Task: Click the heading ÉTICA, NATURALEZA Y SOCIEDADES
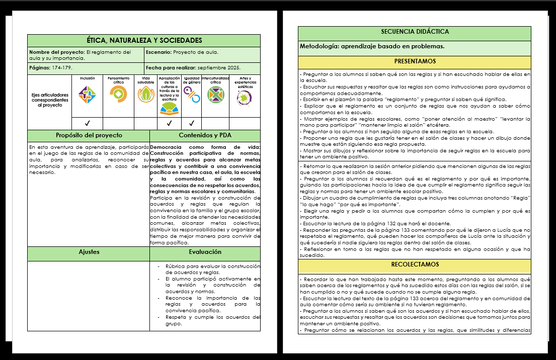144,40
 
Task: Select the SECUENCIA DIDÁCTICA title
415,32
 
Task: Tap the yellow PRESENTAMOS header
415,61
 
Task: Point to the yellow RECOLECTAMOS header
415,264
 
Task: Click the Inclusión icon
87,94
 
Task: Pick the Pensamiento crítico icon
118,94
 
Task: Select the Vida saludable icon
145,94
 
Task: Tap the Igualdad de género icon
191,93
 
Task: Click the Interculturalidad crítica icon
215,95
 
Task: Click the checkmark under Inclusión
87,123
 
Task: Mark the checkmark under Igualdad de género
191,123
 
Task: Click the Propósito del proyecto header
89,136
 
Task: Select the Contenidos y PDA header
205,136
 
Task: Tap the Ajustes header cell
89,252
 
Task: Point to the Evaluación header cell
205,252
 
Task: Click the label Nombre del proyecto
57,52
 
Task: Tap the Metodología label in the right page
319,46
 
